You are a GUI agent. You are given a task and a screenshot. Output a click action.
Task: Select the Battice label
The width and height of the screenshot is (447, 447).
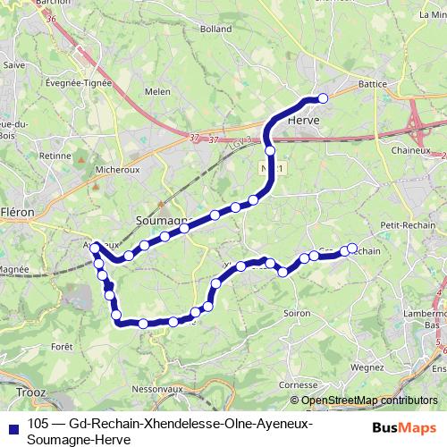(x=371, y=83)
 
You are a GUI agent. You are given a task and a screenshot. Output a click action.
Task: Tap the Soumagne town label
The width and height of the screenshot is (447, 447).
(x=162, y=219)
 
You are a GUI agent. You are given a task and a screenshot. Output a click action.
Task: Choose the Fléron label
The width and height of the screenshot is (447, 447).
(x=18, y=213)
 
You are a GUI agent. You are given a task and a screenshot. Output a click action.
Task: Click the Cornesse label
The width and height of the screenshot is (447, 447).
(x=299, y=384)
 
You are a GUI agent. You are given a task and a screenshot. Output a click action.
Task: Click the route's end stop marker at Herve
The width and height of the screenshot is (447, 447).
(x=323, y=98)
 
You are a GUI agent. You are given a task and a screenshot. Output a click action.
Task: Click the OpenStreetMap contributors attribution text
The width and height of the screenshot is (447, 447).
(x=369, y=401)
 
